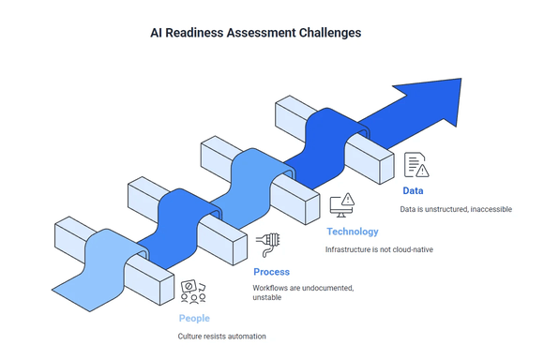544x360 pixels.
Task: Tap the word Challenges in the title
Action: tap(326, 33)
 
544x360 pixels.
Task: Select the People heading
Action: tap(194, 319)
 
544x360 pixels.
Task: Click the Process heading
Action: tap(271, 272)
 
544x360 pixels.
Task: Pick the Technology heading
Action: tap(352, 231)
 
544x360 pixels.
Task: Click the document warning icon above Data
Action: tap(416, 165)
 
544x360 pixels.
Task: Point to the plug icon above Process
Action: tap(266, 245)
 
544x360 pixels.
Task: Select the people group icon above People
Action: tap(193, 292)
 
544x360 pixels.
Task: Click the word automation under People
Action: tap(245, 337)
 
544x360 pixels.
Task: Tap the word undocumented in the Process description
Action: tap(322, 287)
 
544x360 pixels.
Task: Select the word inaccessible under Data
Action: tap(488, 209)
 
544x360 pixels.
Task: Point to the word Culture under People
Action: tap(191, 337)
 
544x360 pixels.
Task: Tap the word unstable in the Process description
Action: tap(268, 298)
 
